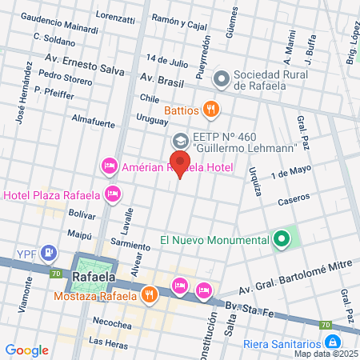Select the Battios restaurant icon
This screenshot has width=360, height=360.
coord(210,109)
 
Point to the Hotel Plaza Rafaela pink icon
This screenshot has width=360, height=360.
coord(114,194)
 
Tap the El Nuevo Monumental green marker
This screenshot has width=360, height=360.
coord(281,239)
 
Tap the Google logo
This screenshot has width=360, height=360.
coord(26,350)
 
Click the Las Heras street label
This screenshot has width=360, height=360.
coord(108,342)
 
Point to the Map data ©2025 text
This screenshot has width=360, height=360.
coord(326,354)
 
